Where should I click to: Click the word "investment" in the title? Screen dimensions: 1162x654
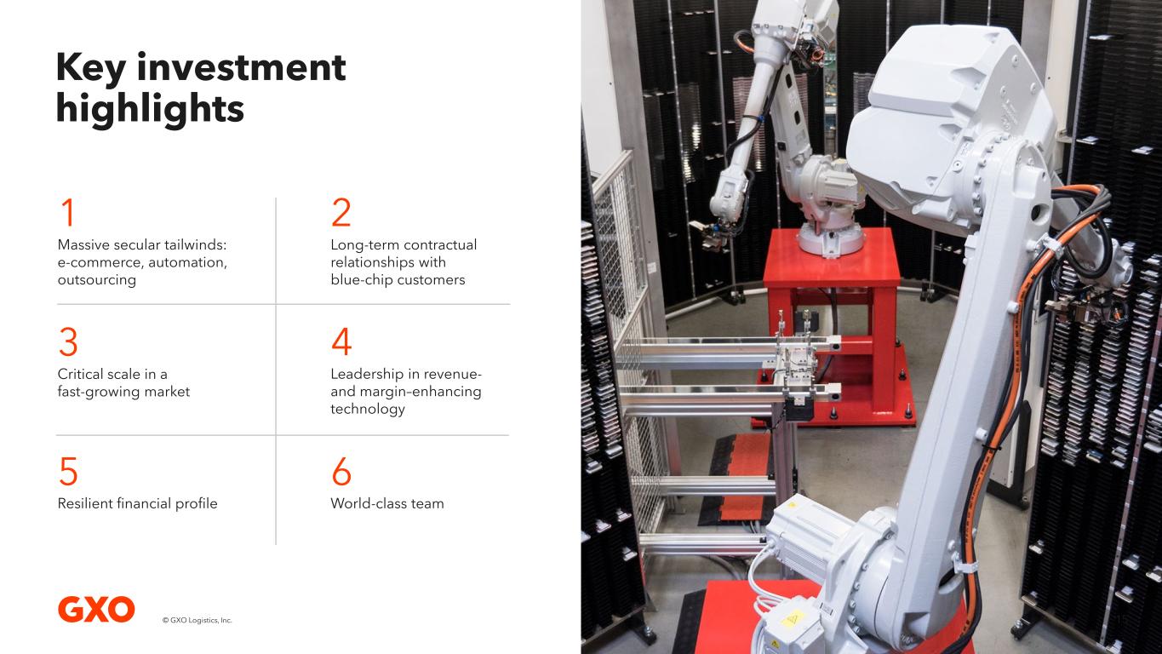click(241, 67)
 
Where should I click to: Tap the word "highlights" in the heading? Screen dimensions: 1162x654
click(150, 108)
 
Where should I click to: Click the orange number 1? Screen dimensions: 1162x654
click(68, 212)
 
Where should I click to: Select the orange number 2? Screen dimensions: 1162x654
click(341, 212)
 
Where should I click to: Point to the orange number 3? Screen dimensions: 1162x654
click(68, 341)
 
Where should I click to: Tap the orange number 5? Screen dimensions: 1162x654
click(68, 471)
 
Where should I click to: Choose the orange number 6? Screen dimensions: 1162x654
click(342, 471)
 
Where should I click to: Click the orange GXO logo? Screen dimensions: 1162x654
click(96, 610)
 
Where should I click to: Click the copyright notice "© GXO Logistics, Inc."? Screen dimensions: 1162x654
click(197, 620)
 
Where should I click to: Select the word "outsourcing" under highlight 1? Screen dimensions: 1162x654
click(97, 280)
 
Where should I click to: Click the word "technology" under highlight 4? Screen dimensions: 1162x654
click(368, 409)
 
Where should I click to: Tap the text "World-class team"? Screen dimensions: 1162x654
click(387, 503)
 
